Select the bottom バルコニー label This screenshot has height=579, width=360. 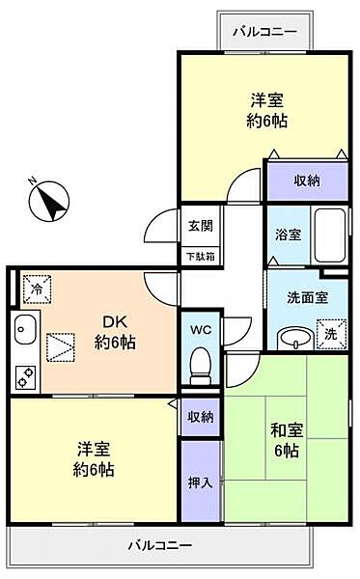point(159,546)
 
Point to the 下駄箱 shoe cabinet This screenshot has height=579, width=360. point(200,257)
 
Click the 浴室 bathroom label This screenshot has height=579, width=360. point(288,234)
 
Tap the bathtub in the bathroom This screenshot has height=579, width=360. point(330,235)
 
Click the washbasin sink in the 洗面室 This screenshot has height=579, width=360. point(292,337)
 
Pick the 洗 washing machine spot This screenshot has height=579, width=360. point(330,333)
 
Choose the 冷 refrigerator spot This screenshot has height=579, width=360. point(35,287)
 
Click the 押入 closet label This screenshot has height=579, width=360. point(201,482)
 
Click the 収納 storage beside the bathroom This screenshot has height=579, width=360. point(306,181)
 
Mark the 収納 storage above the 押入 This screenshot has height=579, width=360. point(201,417)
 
